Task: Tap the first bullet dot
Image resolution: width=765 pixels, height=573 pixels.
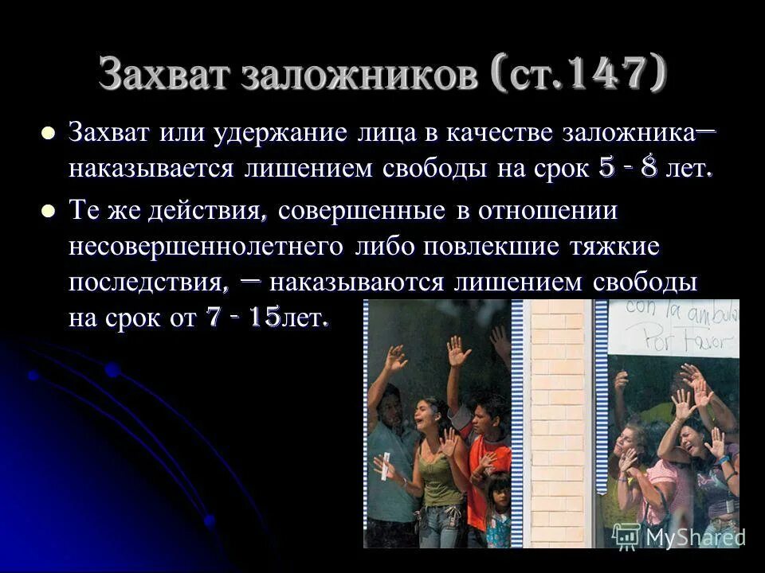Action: coord(49,134)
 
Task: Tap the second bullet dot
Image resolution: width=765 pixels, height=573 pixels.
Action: coord(49,211)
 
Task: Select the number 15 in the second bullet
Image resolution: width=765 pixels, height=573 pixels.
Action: coord(264,318)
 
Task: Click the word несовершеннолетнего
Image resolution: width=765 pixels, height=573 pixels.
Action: coord(207,246)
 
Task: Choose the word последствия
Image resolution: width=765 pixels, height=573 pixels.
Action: coord(144,283)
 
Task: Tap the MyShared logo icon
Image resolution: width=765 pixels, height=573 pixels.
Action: coord(626,536)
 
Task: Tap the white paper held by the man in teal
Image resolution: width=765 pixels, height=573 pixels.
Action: coord(386,466)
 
